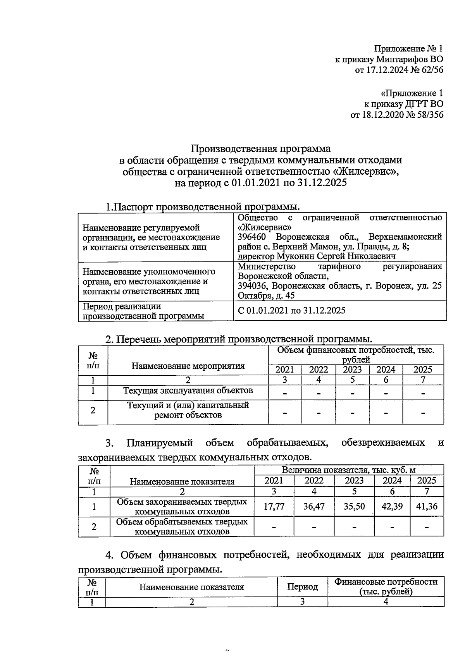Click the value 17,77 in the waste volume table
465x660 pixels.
(274, 506)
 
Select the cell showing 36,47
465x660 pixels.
(314, 506)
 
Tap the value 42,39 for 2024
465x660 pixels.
(392, 506)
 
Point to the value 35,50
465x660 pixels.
(354, 506)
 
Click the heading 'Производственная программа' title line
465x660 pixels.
(261, 149)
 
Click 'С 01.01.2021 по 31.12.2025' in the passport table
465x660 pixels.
(291, 310)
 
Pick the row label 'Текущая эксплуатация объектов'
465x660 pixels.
(188, 390)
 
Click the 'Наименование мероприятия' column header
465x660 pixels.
(188, 366)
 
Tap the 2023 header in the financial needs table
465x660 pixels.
(352, 370)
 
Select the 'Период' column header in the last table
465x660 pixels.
(302, 587)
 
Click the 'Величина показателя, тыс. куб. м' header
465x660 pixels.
(348, 470)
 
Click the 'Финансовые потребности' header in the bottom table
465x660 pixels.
(386, 582)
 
